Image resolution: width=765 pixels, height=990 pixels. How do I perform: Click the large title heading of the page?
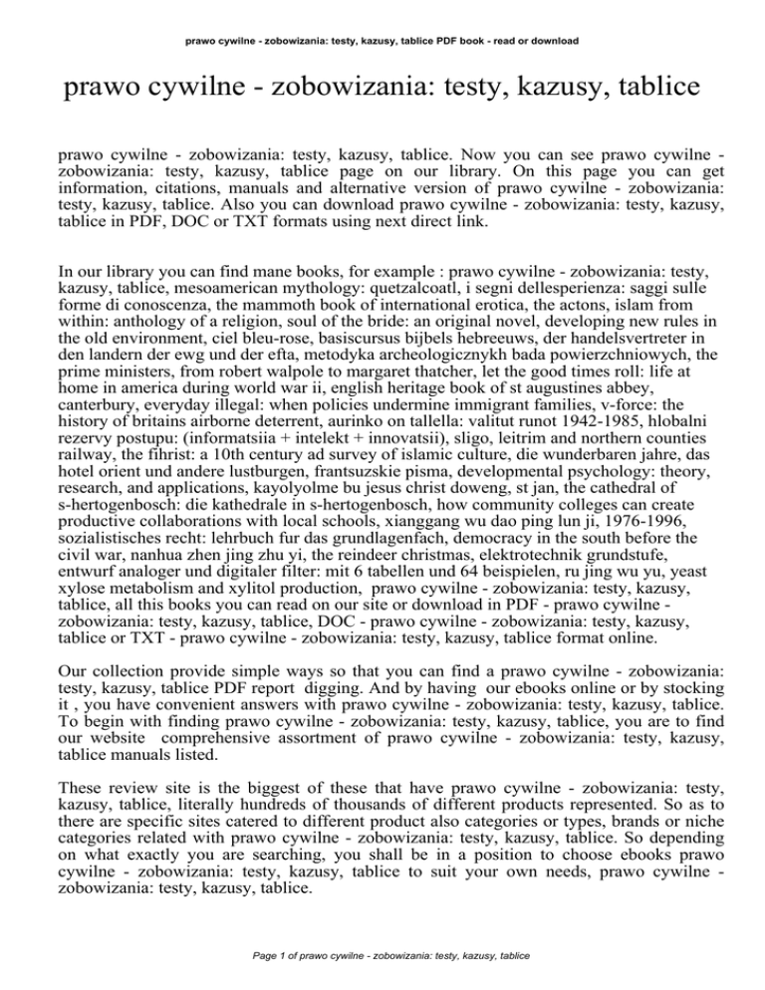(382, 96)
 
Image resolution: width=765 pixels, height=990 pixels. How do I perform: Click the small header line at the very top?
(382, 13)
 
